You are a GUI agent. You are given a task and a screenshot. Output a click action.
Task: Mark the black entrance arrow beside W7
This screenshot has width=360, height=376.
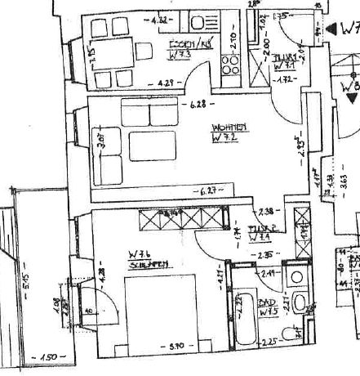(x=331, y=29)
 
